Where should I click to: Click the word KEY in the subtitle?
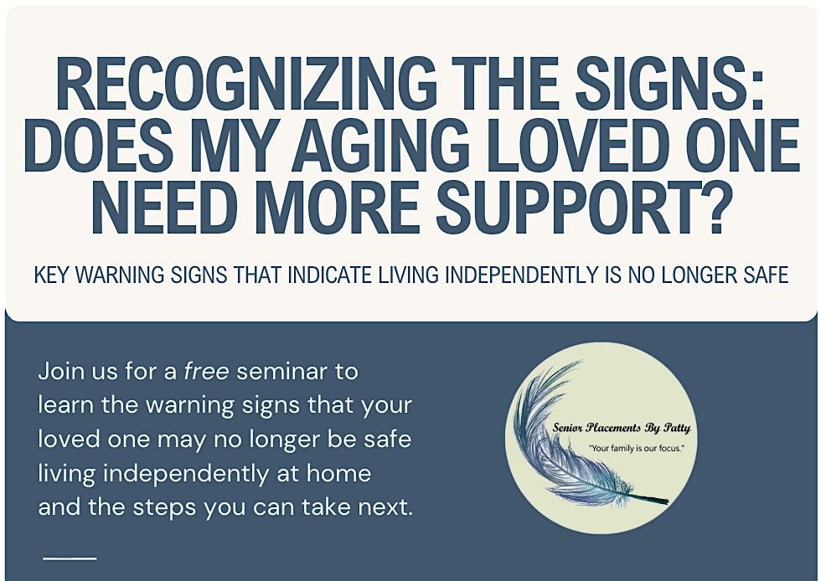point(52,275)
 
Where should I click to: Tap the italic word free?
point(206,371)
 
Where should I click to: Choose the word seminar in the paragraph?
point(282,371)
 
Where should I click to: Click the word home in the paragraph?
point(338,473)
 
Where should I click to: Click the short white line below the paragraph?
point(70,558)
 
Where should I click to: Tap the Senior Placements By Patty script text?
point(622,428)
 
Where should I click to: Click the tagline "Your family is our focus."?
point(637,448)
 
